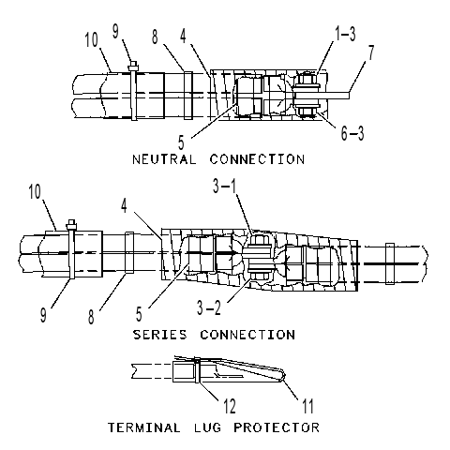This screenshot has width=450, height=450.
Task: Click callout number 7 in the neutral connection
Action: (371, 52)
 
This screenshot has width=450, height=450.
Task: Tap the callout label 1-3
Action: (345, 34)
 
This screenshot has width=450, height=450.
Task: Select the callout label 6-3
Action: (352, 133)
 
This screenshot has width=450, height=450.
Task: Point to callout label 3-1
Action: (225, 187)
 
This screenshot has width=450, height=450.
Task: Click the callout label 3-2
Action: (209, 307)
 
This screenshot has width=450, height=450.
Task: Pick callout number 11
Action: (307, 406)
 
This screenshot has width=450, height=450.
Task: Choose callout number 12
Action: (230, 406)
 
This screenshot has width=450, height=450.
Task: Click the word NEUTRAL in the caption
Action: (164, 159)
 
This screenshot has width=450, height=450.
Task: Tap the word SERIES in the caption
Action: (160, 335)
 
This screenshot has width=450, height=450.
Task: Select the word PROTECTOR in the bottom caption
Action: (277, 427)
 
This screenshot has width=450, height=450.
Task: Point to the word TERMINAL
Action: (144, 427)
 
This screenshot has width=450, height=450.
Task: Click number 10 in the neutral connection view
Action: (92, 40)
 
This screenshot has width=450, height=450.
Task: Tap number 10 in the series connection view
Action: (35, 191)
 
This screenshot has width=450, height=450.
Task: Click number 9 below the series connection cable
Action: (43, 314)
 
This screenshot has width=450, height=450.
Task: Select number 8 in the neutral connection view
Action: (155, 37)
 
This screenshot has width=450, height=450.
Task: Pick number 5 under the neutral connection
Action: (181, 142)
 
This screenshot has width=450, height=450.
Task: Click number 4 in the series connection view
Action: (125, 206)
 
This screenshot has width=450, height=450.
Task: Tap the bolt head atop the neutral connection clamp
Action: (133, 66)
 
